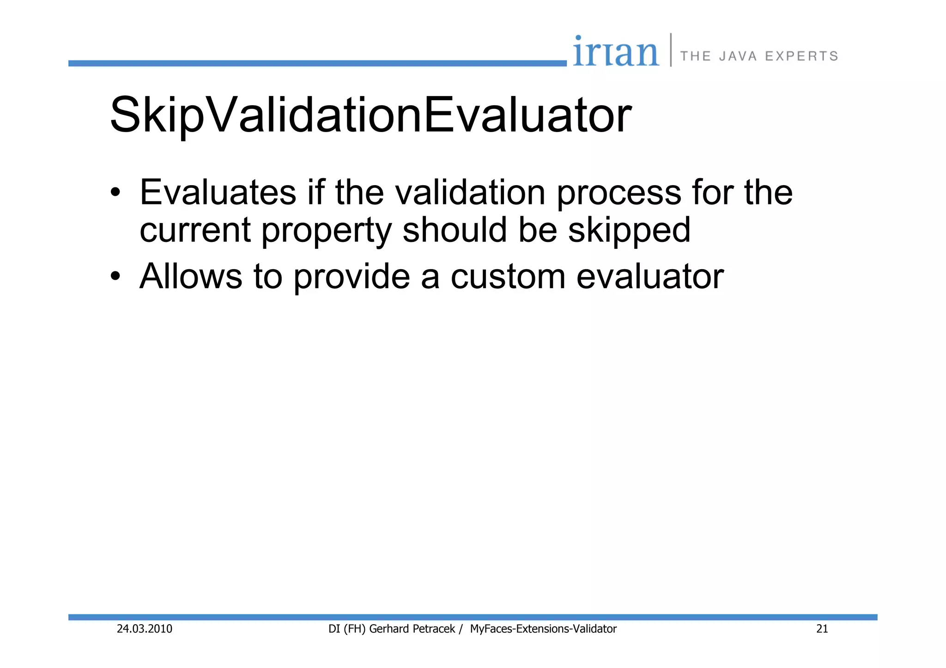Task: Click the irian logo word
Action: [x=616, y=52]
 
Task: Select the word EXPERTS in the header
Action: [x=801, y=56]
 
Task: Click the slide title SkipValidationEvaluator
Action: [x=370, y=115]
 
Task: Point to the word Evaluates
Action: [x=218, y=192]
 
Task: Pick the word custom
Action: [x=508, y=277]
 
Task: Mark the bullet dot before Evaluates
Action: [x=115, y=192]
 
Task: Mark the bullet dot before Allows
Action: [x=115, y=277]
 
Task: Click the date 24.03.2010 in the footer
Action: [x=145, y=629]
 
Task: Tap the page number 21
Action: [x=822, y=629]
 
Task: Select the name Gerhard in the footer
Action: [x=388, y=629]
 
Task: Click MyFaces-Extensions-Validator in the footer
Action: [x=543, y=629]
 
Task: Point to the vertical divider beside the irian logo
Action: [x=671, y=50]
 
